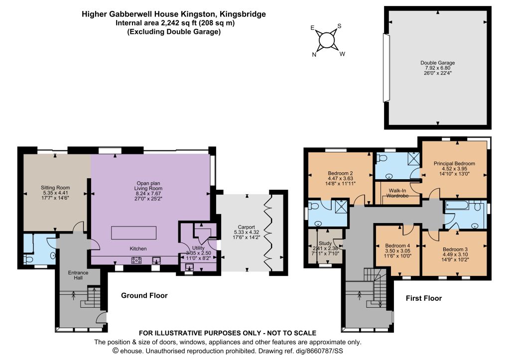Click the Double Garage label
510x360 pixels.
(x=437, y=63)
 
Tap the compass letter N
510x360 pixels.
(x=314, y=55)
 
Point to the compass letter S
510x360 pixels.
(x=339, y=26)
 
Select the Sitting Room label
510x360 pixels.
(x=55, y=188)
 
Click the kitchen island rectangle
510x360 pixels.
(x=133, y=233)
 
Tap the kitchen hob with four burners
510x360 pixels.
(x=136, y=260)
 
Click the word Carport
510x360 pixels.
(x=246, y=227)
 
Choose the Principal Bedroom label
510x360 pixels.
(x=454, y=164)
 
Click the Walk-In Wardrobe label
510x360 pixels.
(x=397, y=193)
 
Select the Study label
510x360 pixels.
(x=325, y=243)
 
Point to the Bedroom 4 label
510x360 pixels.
(x=397, y=245)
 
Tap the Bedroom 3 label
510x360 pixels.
(x=455, y=249)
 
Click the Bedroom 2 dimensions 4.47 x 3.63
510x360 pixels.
(x=340, y=178)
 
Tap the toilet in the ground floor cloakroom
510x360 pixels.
(x=28, y=259)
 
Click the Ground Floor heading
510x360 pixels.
(x=144, y=295)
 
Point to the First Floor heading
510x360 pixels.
(x=424, y=298)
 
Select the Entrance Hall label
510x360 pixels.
(x=78, y=275)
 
